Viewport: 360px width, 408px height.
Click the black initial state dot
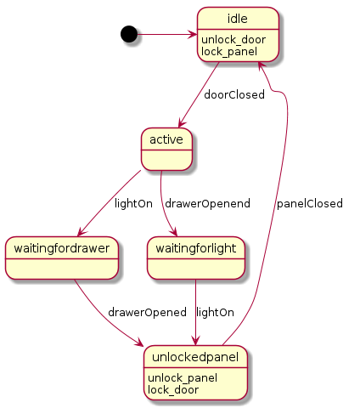click(x=129, y=34)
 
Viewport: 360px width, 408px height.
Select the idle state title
click(x=238, y=19)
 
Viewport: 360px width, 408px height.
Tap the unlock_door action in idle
click(x=233, y=40)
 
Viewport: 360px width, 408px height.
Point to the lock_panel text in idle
click(x=229, y=52)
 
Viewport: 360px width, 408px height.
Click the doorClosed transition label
click(x=234, y=94)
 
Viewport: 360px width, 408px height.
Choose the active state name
click(x=166, y=139)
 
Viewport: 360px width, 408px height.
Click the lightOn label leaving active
click(x=133, y=204)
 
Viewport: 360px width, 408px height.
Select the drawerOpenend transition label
click(x=207, y=204)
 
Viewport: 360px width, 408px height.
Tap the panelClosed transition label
click(x=310, y=204)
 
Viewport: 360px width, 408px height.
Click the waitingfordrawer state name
click(x=62, y=248)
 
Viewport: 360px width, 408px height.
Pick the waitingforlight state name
click(x=196, y=248)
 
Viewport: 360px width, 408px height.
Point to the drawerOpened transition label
click(x=147, y=312)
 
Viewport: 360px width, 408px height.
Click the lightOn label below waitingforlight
click(x=215, y=313)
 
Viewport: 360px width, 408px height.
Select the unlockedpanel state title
click(x=195, y=357)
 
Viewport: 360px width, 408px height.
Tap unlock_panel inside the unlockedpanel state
click(x=183, y=378)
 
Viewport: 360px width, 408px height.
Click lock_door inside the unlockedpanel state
click(x=173, y=390)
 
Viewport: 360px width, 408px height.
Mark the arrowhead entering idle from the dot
click(x=194, y=35)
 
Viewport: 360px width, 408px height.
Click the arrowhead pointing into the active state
click(x=182, y=123)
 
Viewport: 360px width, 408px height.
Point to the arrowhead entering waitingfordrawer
click(x=82, y=232)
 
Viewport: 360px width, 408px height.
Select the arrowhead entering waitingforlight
click(x=174, y=232)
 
